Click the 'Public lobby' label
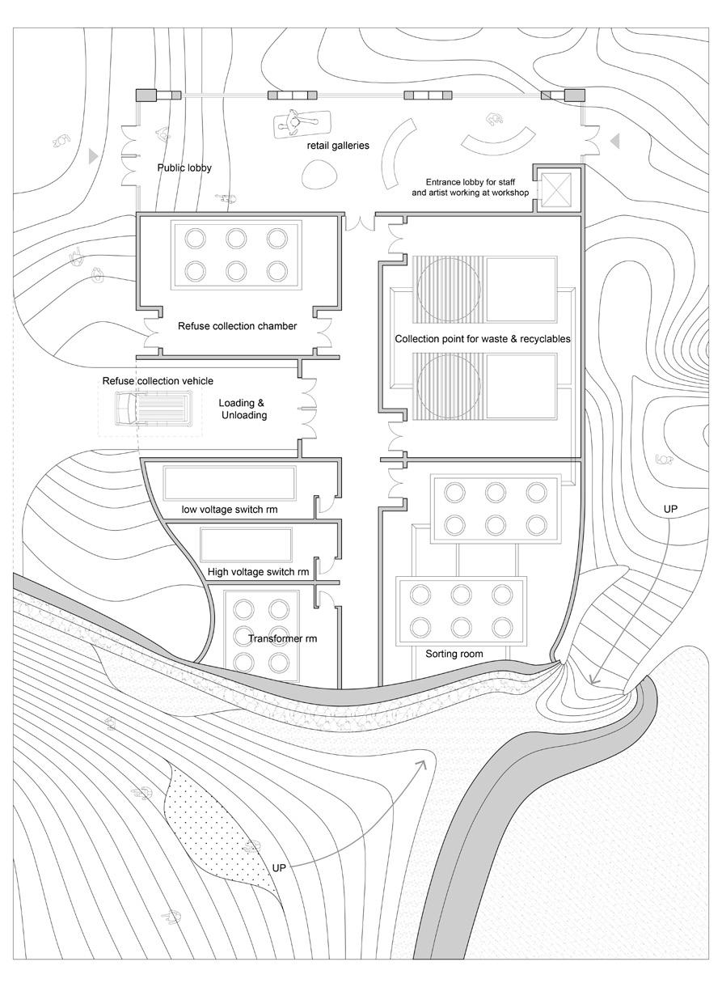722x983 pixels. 183,169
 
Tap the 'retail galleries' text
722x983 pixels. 337,146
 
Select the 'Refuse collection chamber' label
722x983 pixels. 237,327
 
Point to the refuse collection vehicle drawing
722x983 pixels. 152,409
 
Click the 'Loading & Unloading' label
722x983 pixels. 243,409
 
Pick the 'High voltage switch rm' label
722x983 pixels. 258,572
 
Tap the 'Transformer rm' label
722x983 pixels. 282,638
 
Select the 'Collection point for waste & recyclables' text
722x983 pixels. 483,339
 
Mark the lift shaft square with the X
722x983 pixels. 556,191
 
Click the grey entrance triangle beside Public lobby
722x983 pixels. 95,154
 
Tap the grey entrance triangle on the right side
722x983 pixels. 614,142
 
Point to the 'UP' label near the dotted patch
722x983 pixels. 280,867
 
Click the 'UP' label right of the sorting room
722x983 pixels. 669,509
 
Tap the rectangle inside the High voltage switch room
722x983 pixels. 246,542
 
